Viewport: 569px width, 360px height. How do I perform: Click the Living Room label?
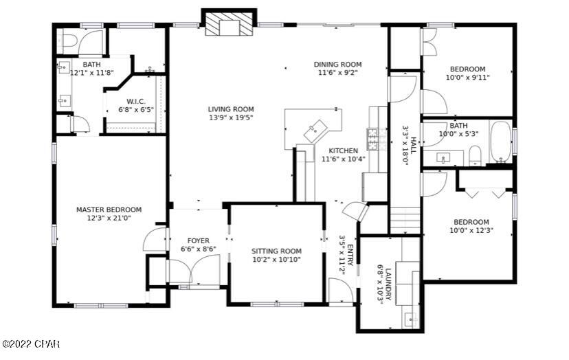231,109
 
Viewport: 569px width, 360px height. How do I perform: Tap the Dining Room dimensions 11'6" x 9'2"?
337,73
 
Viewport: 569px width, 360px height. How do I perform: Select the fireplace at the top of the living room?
228,26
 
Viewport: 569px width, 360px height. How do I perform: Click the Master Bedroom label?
109,210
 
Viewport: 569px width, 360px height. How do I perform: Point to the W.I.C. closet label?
135,101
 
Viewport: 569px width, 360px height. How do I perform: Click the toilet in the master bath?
67,41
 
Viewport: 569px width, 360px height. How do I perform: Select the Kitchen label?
343,150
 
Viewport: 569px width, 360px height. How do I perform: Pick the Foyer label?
198,240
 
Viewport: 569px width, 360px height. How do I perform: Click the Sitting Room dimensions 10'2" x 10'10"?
276,260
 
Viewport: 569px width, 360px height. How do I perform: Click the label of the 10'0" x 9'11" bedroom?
467,69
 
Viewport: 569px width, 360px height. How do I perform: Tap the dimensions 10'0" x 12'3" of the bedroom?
471,231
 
